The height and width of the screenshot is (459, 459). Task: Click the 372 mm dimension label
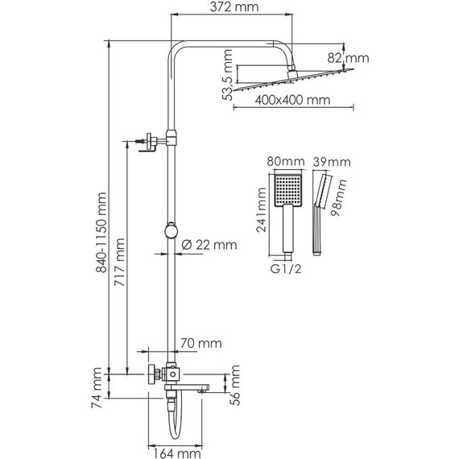[x=234, y=7]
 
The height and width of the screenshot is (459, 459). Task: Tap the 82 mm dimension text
[x=348, y=58]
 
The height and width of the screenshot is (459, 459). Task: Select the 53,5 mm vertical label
[x=227, y=75]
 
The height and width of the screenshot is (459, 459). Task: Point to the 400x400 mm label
[x=292, y=100]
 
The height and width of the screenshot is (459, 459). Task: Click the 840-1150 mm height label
[x=101, y=233]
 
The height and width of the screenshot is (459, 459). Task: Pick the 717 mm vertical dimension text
[x=119, y=262]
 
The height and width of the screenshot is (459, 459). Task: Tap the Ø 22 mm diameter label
[x=209, y=245]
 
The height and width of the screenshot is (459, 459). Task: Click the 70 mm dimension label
[x=201, y=343]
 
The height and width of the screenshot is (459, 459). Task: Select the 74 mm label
[x=97, y=388]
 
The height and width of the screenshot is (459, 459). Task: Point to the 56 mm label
[x=235, y=385]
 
